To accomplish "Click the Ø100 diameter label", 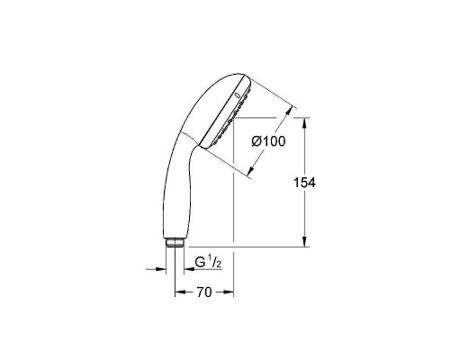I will coord(267,141).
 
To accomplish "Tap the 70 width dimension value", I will coord(203,292).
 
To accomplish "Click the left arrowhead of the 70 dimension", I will coord(177,292).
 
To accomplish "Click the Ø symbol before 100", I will coord(256,141).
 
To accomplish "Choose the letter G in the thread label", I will coord(200,263).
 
